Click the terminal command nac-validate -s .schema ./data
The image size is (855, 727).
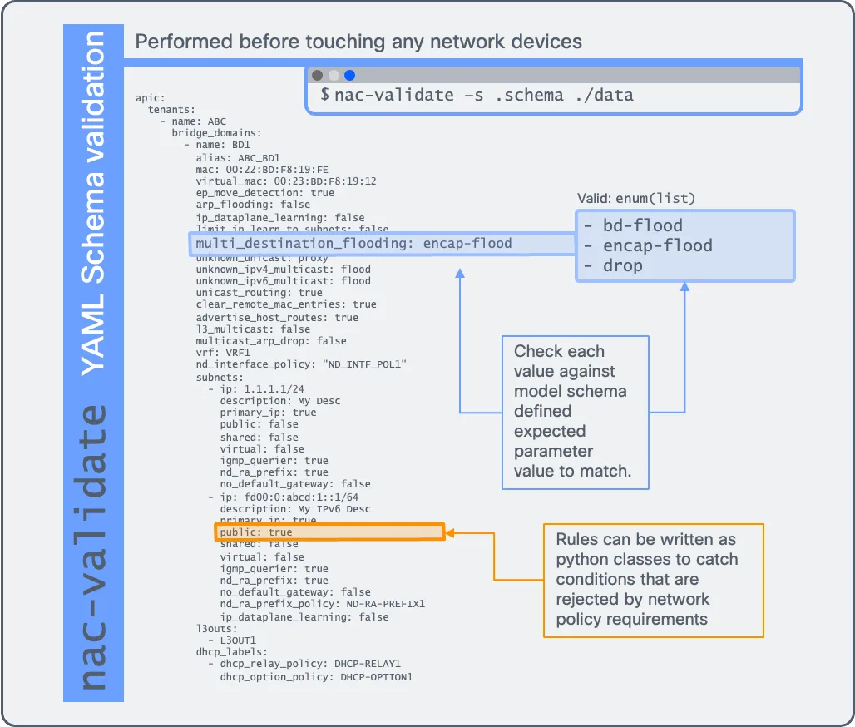coord(483,95)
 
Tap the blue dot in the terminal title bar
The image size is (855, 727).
coord(349,75)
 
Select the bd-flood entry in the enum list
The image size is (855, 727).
coord(633,225)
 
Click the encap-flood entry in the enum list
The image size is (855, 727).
coord(648,245)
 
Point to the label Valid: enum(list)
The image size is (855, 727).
coord(636,198)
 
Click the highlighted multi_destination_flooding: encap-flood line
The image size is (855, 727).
coord(353,244)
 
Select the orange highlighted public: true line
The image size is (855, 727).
coord(330,532)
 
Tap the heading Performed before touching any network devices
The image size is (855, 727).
coord(358,42)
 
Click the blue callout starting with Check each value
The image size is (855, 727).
coord(575,411)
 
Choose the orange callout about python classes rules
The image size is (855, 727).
coord(653,580)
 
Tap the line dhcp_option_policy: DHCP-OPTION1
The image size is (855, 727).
coord(316,677)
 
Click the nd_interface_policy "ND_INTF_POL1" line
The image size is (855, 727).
coord(301,364)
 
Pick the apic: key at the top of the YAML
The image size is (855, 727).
coord(151,98)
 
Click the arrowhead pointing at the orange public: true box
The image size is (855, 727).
coord(452,532)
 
